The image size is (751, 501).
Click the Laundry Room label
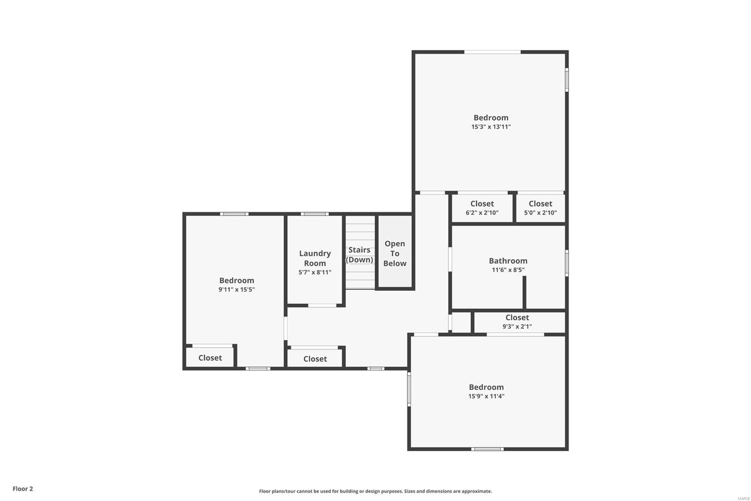pos(314,258)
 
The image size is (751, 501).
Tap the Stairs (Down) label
pos(360,255)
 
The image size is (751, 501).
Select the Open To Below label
pos(395,253)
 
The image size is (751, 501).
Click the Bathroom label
pos(508,261)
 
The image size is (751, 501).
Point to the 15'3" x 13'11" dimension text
pos(491,127)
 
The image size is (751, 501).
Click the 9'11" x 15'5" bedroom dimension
pos(237,290)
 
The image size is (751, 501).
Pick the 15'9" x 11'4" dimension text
pos(486,396)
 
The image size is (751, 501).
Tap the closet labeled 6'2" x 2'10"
pos(482,208)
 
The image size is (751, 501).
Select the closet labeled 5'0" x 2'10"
pos(540,208)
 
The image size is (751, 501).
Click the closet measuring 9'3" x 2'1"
pos(517,322)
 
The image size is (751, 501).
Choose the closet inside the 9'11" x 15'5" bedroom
pos(210,358)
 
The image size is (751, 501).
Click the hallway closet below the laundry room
pos(315,359)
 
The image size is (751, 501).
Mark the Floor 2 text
pos(23,489)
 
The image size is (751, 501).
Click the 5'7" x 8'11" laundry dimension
pos(315,273)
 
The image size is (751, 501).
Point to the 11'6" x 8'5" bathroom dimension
pos(508,270)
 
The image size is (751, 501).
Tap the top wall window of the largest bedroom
pos(492,52)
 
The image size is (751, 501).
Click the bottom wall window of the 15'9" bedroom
pos(487,449)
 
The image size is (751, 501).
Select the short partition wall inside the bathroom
pos(524,292)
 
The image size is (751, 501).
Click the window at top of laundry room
pos(314,214)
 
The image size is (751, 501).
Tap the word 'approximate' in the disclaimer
pos(476,491)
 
